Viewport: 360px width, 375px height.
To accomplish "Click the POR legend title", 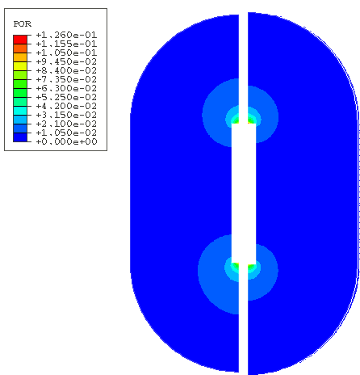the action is tap(23, 24).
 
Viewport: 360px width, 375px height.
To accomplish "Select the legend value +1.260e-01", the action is tap(66, 35).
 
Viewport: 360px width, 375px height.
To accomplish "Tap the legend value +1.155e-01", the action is tap(66, 44).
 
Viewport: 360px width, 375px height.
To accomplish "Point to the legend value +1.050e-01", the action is tap(66, 53).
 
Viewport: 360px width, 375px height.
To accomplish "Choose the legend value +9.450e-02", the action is tap(66, 61).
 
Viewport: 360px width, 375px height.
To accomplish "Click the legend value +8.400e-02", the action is tap(66, 70).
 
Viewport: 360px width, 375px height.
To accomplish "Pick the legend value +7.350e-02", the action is tap(66, 79).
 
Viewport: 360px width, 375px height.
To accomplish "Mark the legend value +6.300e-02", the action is tap(66, 88).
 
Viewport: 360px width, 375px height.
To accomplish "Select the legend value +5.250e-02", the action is tap(66, 97).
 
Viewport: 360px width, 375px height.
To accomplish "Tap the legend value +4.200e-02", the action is tap(66, 106).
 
